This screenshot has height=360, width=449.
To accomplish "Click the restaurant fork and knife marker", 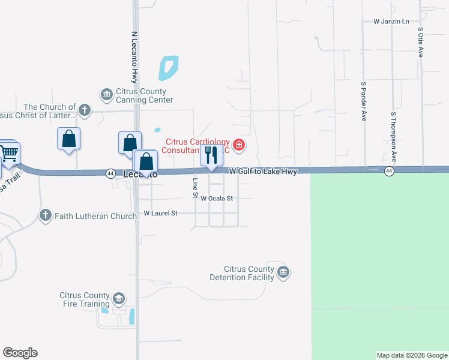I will [x=211, y=155].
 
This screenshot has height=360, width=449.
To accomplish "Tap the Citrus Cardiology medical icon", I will [x=239, y=145].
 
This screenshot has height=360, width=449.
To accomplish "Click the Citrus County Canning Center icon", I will [x=107, y=94].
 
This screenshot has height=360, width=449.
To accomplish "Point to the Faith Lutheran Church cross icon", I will [x=46, y=215].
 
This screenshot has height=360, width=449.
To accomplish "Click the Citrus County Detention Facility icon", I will [x=283, y=273].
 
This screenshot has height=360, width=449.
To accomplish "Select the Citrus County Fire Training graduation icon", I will [x=119, y=299].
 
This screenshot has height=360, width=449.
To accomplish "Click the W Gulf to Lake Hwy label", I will [x=263, y=172].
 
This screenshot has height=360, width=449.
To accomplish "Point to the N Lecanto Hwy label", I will [x=134, y=57].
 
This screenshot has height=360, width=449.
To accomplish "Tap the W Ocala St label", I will [x=217, y=198].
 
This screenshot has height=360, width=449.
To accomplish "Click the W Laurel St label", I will [x=161, y=213].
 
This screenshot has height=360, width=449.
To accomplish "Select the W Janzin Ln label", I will [x=391, y=21].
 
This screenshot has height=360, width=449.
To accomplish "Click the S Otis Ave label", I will [x=421, y=41].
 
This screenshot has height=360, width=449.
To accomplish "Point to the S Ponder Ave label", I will [x=364, y=101].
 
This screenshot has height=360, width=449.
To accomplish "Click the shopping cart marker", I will [x=8, y=154].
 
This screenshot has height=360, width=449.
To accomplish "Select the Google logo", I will [x=20, y=353].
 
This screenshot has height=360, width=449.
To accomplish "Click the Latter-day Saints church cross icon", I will [x=85, y=110].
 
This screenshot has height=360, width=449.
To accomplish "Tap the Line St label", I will [x=195, y=188].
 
